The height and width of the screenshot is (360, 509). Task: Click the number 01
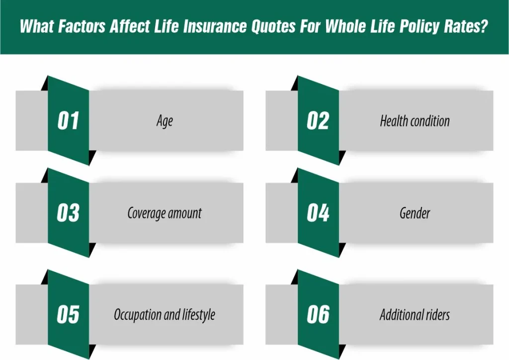[x=68, y=121]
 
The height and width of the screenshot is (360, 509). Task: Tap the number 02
[x=318, y=121]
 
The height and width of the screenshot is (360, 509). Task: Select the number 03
[x=68, y=213]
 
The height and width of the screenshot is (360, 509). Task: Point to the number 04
[x=318, y=213]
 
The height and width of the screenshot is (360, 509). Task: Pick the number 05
[x=68, y=314]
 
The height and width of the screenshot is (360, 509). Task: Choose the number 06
[x=318, y=314]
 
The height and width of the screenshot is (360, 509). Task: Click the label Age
[x=165, y=121]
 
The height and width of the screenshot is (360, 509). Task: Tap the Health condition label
[x=415, y=121]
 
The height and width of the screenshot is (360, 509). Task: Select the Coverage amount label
[x=165, y=213]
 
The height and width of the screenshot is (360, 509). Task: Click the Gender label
[x=415, y=213]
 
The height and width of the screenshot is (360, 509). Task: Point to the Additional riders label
[x=415, y=314]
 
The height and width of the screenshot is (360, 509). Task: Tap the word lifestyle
[x=196, y=315]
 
